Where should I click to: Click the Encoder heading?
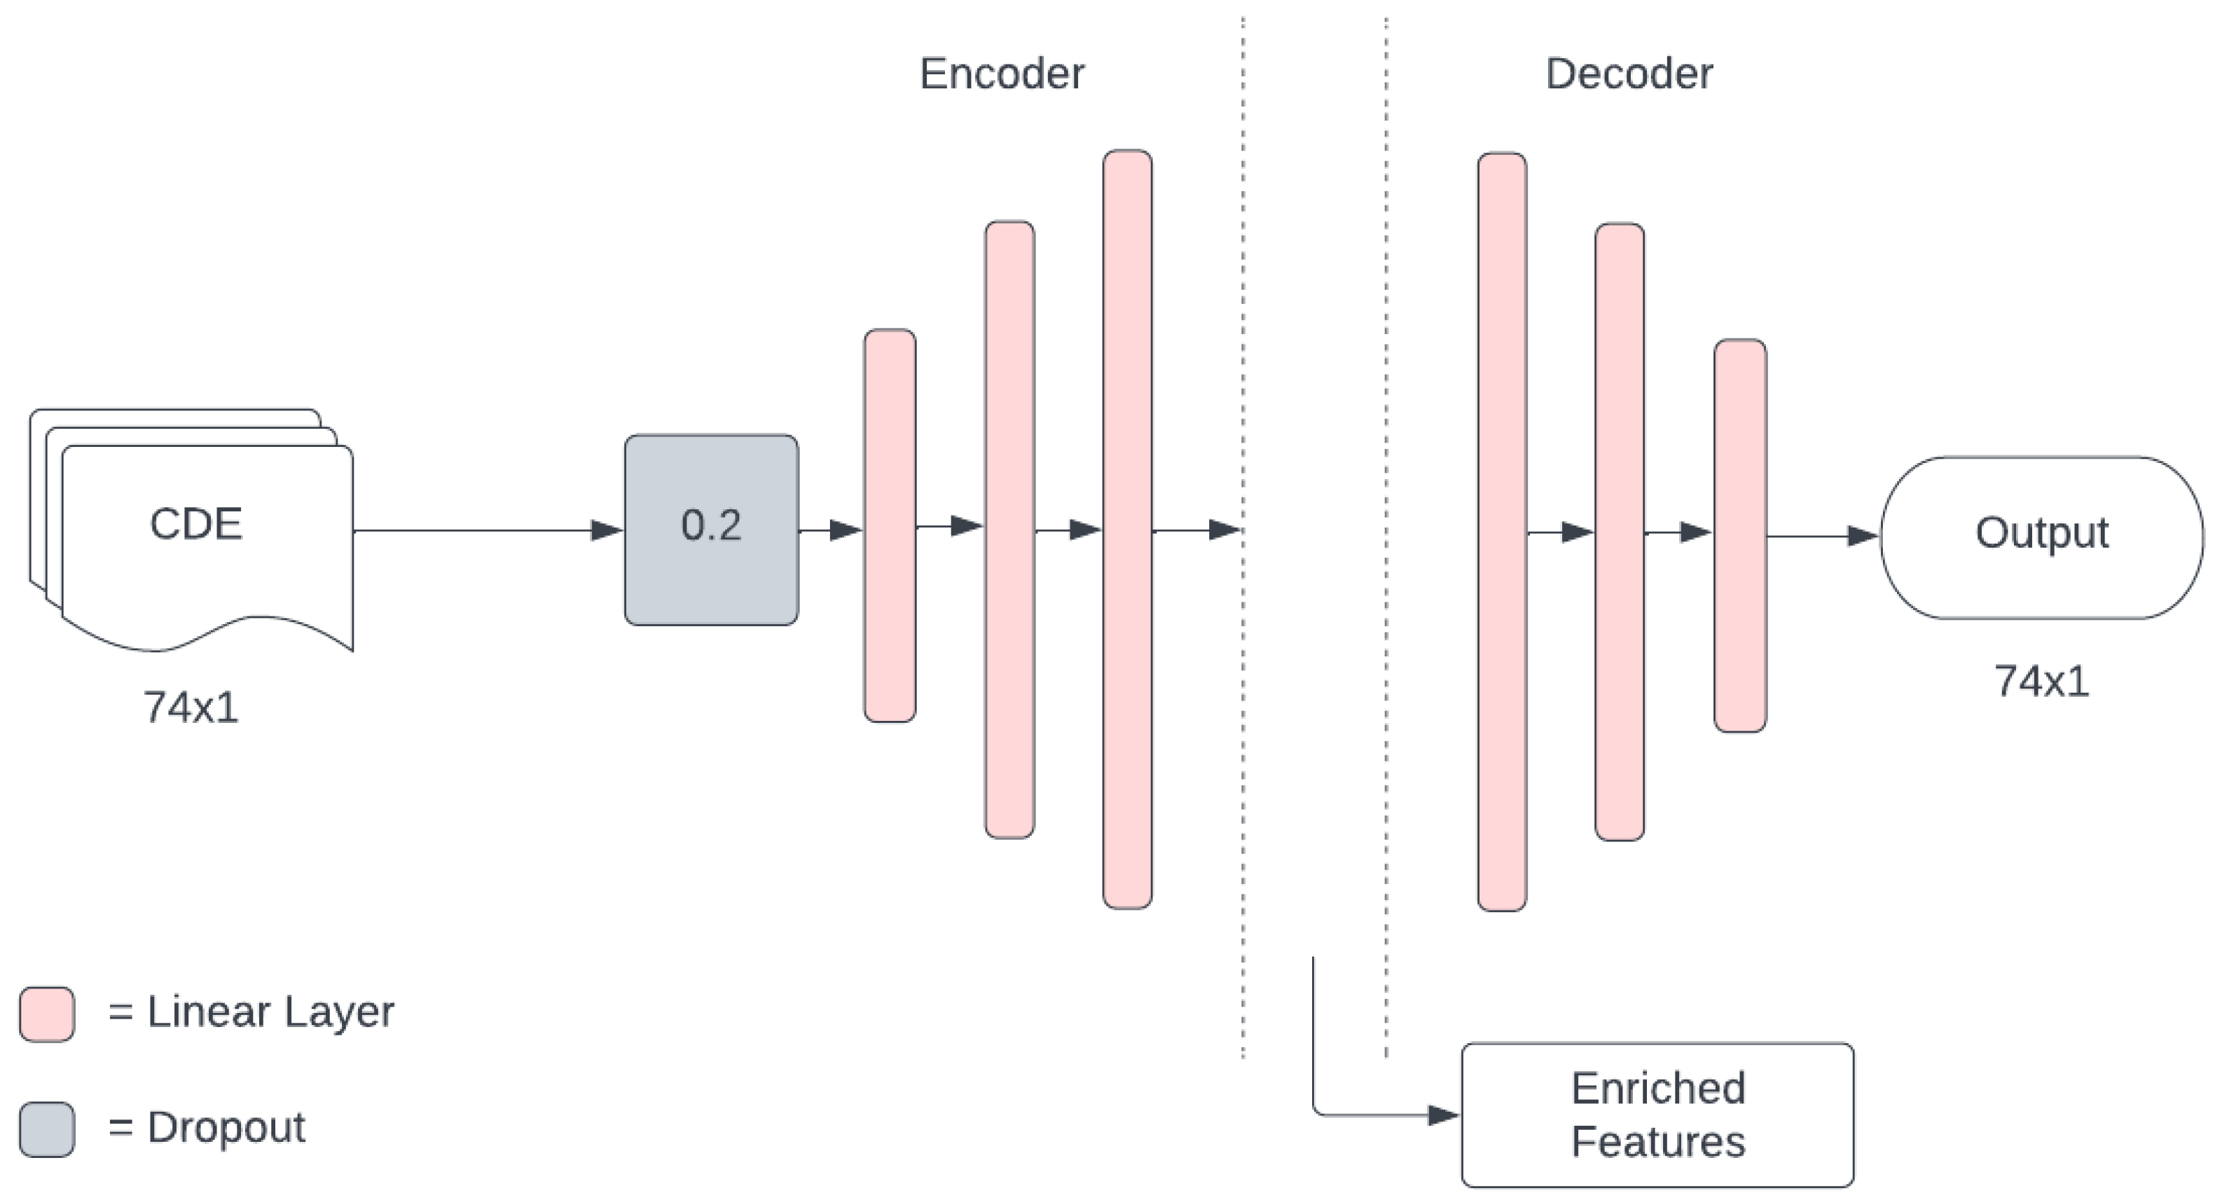tap(1002, 74)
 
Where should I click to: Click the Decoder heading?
tap(1629, 74)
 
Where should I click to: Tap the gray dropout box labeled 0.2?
tap(711, 530)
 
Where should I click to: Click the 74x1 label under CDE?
tap(191, 708)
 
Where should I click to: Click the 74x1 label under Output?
tap(2041, 682)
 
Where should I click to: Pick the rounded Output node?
tap(2041, 537)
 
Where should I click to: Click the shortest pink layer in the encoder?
tap(889, 525)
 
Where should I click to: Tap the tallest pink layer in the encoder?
tap(1127, 529)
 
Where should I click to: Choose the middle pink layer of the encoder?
tap(1009, 529)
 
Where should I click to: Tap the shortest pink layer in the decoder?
tap(1739, 535)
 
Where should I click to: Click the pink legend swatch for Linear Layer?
tap(46, 1014)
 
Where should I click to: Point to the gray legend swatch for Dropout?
tap(46, 1129)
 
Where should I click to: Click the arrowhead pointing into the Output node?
tap(1863, 537)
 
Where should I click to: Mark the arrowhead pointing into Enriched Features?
tap(1444, 1115)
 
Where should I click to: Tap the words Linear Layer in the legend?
tap(270, 1012)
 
